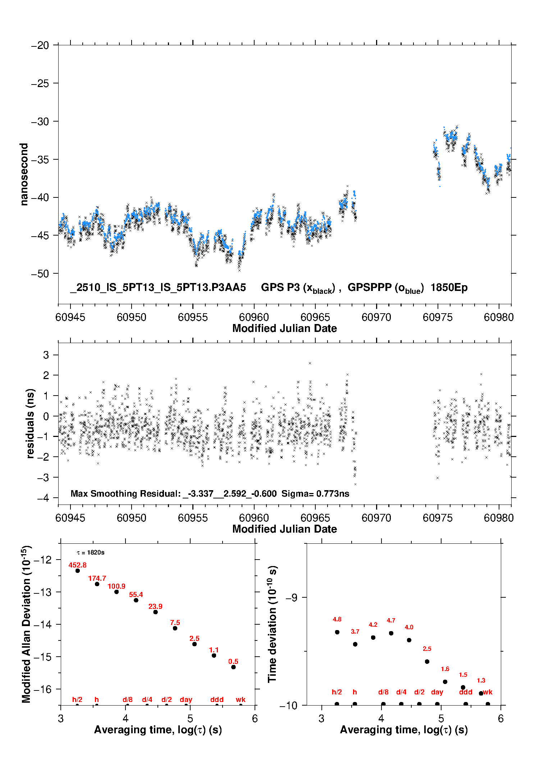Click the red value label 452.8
pos(77,565)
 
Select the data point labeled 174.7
pos(97,584)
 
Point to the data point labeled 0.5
pos(233,667)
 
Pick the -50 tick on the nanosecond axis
pos(40,274)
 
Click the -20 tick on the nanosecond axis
pos(40,45)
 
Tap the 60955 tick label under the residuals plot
pos(193,518)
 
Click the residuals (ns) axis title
pos(31,423)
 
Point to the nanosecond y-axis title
pos(24,174)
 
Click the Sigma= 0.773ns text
pos(315,494)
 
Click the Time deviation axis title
pos(273,624)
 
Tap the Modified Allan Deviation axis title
pos(26,624)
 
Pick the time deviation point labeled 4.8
pos(337,632)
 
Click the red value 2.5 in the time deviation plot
pos(427,649)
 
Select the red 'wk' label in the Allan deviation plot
pos(241,699)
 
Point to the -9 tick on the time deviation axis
pos(292,598)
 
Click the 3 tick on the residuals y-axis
pos(46,355)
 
